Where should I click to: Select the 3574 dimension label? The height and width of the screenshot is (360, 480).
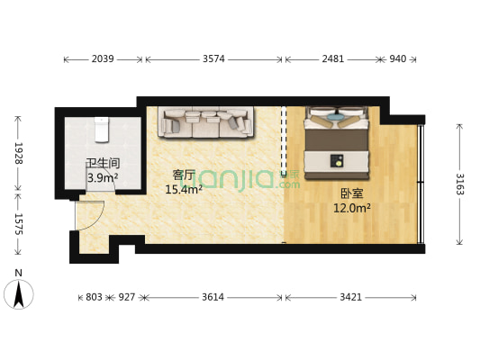(214, 59)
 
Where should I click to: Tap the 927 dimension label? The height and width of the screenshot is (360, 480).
(126, 295)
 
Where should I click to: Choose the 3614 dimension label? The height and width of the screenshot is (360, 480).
(213, 295)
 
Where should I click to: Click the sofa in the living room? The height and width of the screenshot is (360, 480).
(204, 121)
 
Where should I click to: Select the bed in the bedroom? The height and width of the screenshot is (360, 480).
(337, 139)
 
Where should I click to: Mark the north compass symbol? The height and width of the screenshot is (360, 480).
(18, 292)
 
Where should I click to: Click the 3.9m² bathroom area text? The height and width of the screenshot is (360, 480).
(103, 178)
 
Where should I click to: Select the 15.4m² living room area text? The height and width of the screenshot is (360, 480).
(184, 189)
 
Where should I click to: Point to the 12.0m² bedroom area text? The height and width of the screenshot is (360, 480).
(352, 208)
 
